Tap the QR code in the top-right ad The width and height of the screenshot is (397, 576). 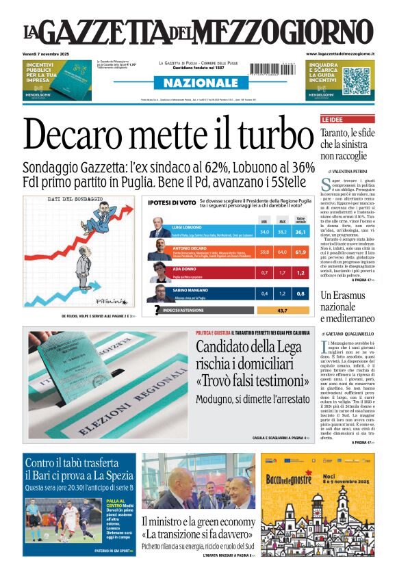coord(355,80)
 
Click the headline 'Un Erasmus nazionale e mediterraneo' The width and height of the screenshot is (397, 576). coord(347,306)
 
